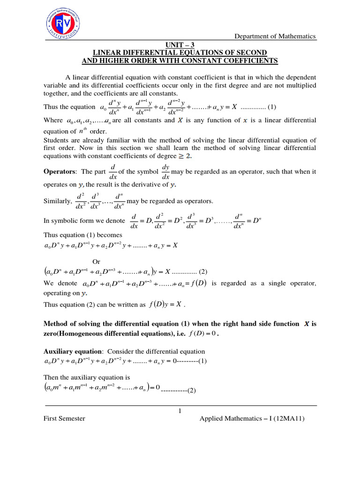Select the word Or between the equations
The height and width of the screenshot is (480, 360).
pos(96,262)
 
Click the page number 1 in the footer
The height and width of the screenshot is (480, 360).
pos(180,411)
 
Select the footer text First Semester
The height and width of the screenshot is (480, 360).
pos(64,419)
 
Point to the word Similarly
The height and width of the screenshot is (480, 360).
pos(58,201)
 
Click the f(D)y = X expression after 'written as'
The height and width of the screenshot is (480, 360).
pos(165,305)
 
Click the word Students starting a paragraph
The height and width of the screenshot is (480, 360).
pos(56,140)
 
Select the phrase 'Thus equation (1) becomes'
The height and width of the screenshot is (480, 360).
pos(82,235)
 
